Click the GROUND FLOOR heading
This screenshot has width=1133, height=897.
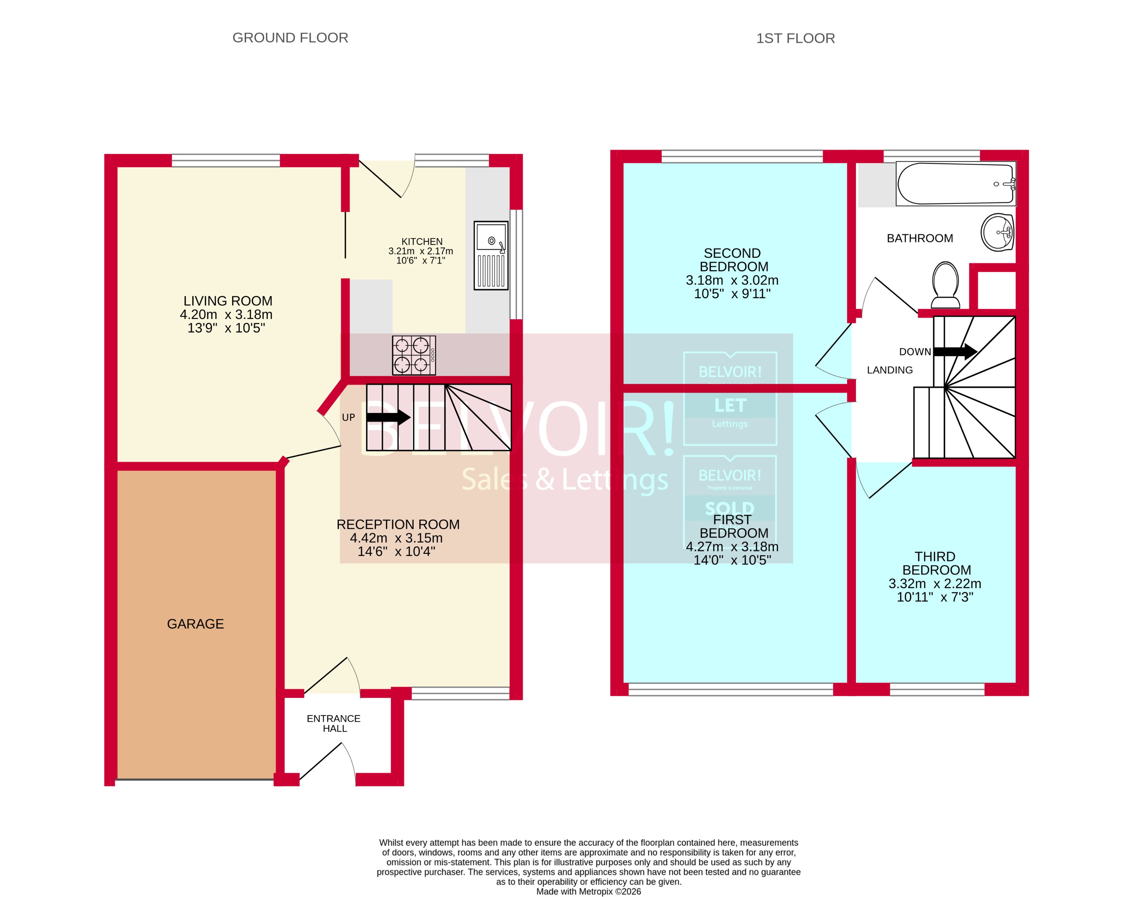[290, 38]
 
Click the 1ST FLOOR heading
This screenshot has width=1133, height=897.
[795, 38]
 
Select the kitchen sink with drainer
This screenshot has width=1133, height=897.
[491, 255]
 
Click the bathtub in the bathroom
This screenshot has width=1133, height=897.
[955, 184]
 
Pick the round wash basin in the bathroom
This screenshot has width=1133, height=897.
[997, 232]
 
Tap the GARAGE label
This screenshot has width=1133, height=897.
[196, 624]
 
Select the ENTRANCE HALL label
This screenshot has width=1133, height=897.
[334, 723]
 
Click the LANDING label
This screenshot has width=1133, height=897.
[890, 370]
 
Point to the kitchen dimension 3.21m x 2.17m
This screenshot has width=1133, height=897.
[420, 251]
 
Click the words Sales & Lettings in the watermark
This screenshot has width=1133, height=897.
[565, 479]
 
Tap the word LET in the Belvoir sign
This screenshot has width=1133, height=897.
[730, 405]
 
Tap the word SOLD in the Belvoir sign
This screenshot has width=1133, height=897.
[729, 508]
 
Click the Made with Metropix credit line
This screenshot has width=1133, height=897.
[588, 891]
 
